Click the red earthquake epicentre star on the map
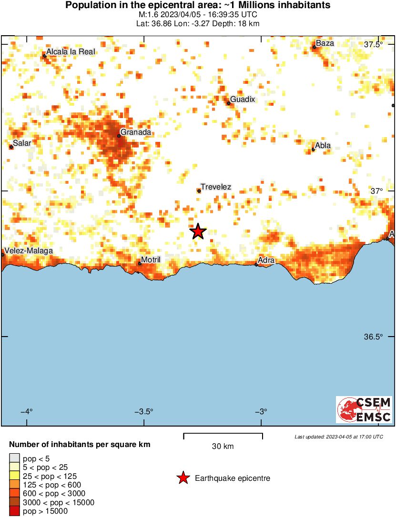pyautogui.click(x=198, y=232)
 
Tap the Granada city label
pyautogui.click(x=136, y=132)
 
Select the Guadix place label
pyautogui.click(x=243, y=99)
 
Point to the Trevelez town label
pyautogui.click(x=216, y=187)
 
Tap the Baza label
pyautogui.click(x=325, y=43)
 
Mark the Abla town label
pyautogui.click(x=323, y=146)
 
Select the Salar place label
pyautogui.click(x=22, y=142)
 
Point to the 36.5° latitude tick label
pyautogui.click(x=373, y=337)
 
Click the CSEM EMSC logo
pyautogui.click(x=364, y=409)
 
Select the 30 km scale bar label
pyautogui.click(x=223, y=447)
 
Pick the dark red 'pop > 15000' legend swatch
pyautogui.click(x=15, y=511)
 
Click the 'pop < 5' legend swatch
pyautogui.click(x=15, y=459)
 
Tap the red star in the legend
pyautogui.click(x=183, y=478)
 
